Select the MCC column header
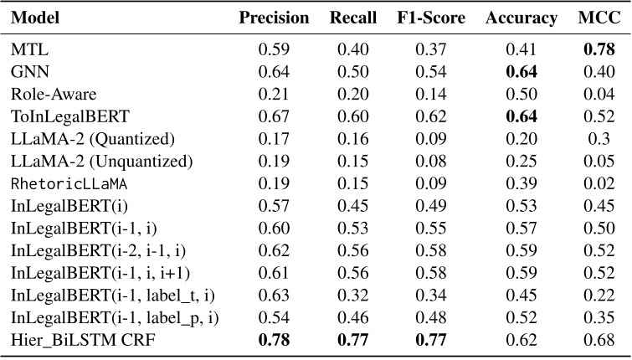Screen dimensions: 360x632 598,18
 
